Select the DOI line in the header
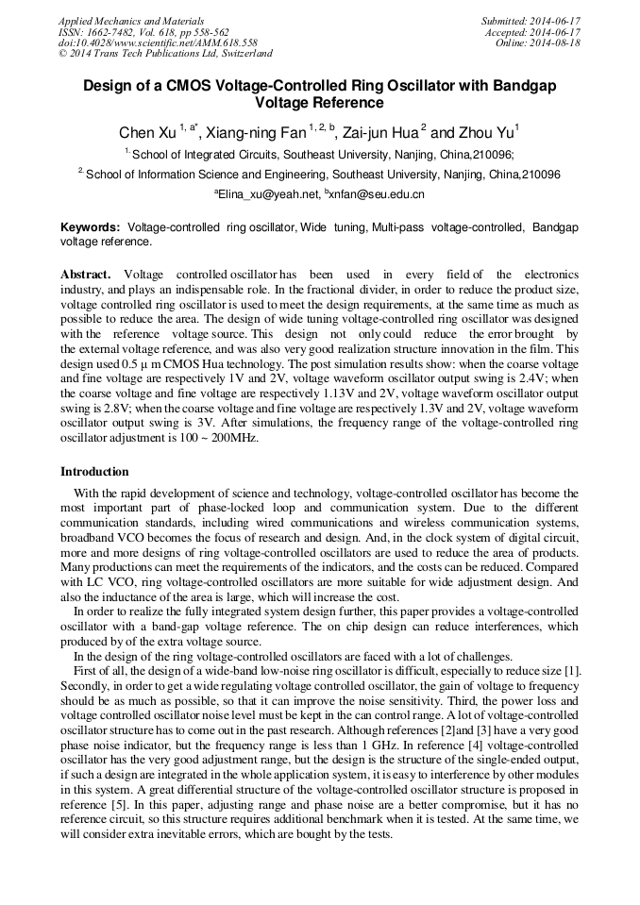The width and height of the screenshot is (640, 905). (157, 43)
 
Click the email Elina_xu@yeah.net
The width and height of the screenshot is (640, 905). (267, 194)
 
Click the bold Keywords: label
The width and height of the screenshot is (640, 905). (91, 228)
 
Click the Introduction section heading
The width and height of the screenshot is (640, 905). (94, 471)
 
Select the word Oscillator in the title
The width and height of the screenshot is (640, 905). (389, 86)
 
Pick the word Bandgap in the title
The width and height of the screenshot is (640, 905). (521, 86)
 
